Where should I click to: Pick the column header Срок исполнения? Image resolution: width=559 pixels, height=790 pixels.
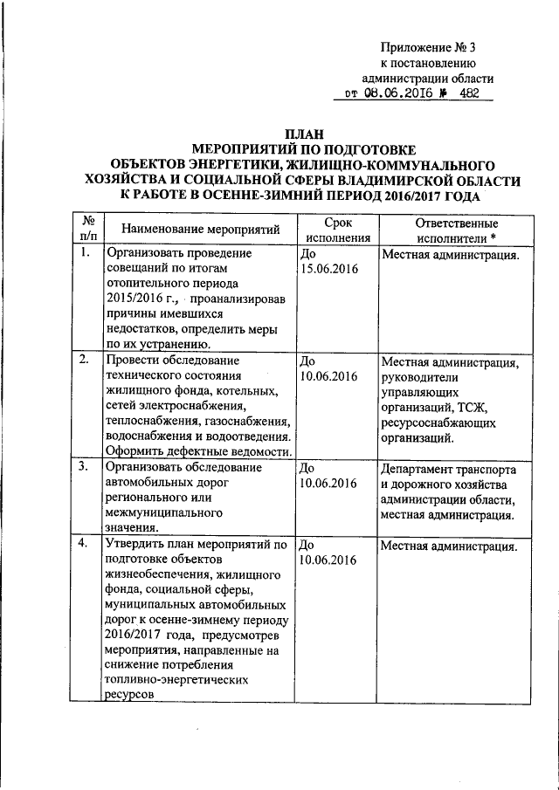point(336,230)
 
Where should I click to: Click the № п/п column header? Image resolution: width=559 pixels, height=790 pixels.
point(87,230)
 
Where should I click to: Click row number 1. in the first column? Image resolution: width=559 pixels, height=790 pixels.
point(84,254)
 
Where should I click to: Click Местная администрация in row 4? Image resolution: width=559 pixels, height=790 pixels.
point(449,546)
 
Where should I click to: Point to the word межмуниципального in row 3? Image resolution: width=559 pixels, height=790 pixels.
point(162,512)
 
